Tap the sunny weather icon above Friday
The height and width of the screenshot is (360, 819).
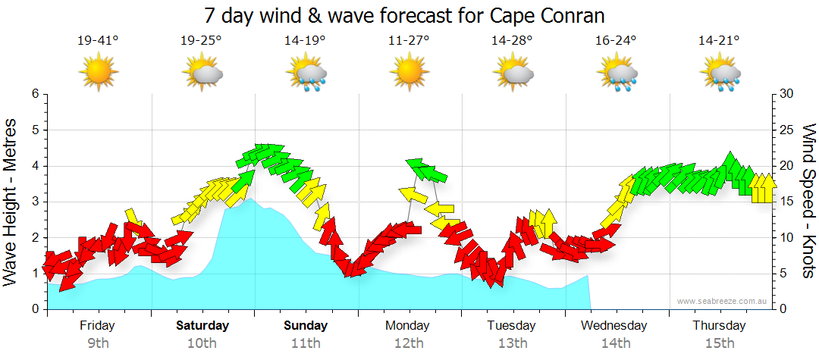[98, 73]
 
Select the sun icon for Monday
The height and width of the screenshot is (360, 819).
[409, 73]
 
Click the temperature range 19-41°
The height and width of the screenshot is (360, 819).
[98, 41]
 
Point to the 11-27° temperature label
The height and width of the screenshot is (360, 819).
[409, 41]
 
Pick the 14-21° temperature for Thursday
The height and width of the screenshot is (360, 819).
[719, 41]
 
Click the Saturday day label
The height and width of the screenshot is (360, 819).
[202, 326]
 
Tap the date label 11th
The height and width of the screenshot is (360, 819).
[306, 343]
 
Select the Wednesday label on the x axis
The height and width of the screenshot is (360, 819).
[614, 326]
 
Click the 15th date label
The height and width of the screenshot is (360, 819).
[719, 343]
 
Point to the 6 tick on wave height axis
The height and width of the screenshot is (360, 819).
[35, 94]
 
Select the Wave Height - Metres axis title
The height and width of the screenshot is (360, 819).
[11, 202]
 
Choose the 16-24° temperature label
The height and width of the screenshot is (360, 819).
[616, 41]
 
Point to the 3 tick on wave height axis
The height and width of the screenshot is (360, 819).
[35, 202]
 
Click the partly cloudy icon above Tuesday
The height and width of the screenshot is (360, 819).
[513, 74]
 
